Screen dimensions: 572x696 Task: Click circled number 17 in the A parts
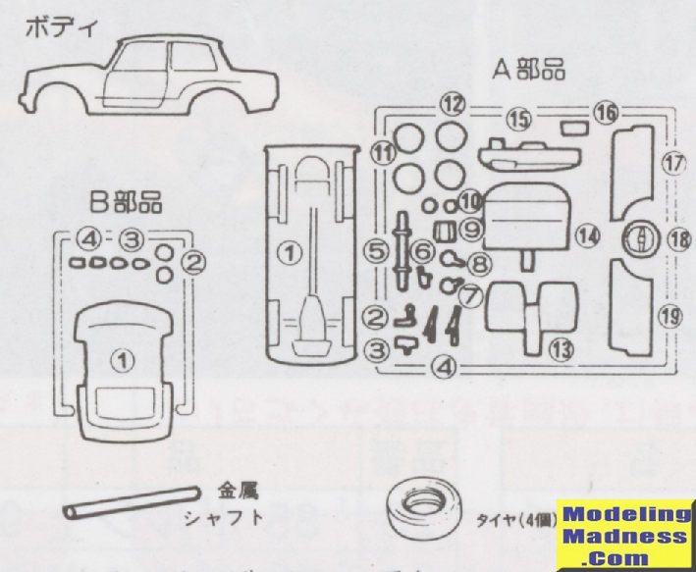671,164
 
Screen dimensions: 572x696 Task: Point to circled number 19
671,315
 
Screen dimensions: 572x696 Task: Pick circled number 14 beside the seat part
587,235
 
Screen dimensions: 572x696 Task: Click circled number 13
561,346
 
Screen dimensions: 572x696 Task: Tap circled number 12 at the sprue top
452,103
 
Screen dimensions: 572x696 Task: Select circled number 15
518,119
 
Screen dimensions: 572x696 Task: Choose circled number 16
606,114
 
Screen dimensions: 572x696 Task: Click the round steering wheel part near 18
639,238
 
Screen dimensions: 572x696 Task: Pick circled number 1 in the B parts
122,361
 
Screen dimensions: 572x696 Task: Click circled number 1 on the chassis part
289,253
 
